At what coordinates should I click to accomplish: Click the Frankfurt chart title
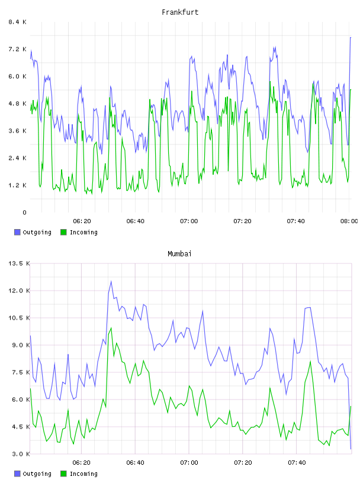click(180, 12)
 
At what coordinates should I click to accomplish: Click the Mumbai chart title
click(179, 254)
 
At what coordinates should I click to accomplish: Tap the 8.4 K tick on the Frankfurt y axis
click(17, 22)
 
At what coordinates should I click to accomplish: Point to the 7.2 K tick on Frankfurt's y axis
click(17, 49)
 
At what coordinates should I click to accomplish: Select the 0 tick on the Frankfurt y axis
click(24, 212)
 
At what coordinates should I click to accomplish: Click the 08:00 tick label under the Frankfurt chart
click(349, 221)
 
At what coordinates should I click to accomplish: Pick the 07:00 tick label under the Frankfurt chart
click(189, 221)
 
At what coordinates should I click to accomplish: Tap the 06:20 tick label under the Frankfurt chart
click(82, 221)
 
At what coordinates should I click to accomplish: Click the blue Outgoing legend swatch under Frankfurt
click(17, 232)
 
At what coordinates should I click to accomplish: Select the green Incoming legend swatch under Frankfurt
click(63, 232)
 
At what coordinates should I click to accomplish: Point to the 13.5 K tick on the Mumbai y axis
click(19, 263)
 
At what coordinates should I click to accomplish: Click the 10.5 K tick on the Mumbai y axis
click(19, 318)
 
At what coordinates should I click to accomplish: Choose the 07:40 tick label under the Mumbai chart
click(297, 463)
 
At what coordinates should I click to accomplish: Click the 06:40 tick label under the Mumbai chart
click(136, 463)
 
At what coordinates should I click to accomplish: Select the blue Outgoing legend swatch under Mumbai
click(17, 474)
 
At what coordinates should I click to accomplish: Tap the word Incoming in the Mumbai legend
click(83, 474)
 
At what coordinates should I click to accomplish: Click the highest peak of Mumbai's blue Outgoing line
click(111, 281)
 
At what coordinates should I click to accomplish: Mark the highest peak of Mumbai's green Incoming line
click(111, 328)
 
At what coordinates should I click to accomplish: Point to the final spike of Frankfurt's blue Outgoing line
click(351, 37)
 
